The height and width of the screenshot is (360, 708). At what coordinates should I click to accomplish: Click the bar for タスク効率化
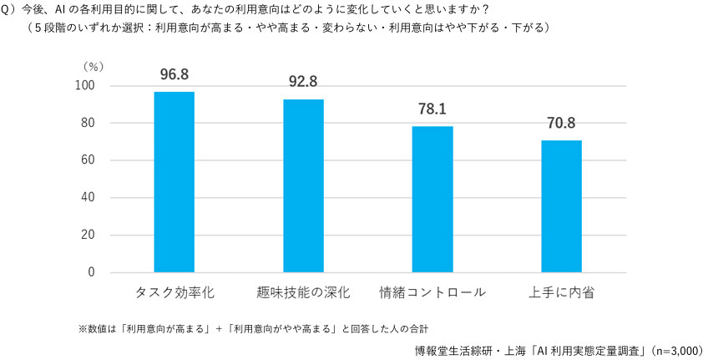[174, 182]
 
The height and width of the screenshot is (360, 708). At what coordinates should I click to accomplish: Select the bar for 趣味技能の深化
[303, 185]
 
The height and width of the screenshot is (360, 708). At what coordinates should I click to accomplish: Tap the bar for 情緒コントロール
[432, 199]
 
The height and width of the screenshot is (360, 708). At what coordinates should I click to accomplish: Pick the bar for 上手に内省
[561, 206]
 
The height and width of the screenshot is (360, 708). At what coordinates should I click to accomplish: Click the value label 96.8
[174, 74]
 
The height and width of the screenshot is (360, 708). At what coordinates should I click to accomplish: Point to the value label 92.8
[303, 82]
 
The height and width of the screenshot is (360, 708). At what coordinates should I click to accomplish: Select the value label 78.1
[432, 109]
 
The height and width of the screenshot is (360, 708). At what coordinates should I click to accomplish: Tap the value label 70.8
[561, 123]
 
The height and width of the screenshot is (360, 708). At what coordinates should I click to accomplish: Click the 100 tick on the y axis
[85, 86]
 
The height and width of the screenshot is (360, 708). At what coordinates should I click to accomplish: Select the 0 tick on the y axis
[92, 272]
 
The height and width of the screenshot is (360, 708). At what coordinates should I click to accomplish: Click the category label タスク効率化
[174, 293]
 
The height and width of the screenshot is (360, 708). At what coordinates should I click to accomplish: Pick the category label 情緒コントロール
[432, 293]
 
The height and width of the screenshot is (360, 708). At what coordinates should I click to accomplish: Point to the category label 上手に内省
[561, 293]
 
